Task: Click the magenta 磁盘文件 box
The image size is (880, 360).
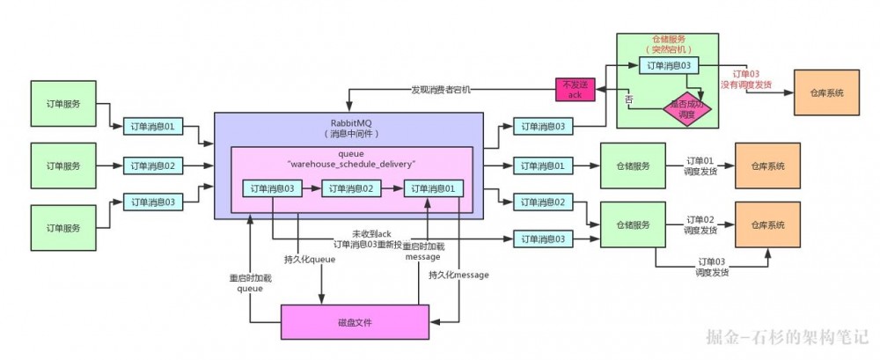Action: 355,323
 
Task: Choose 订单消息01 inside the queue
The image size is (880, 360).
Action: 433,188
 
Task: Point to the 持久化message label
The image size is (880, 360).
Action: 458,276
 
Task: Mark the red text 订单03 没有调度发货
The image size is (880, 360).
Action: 746,79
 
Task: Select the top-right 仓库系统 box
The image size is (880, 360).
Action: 826,92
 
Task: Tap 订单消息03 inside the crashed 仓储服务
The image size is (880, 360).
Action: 673,65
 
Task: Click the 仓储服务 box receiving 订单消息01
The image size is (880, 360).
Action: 631,165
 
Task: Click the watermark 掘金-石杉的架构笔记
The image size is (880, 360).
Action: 787,336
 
